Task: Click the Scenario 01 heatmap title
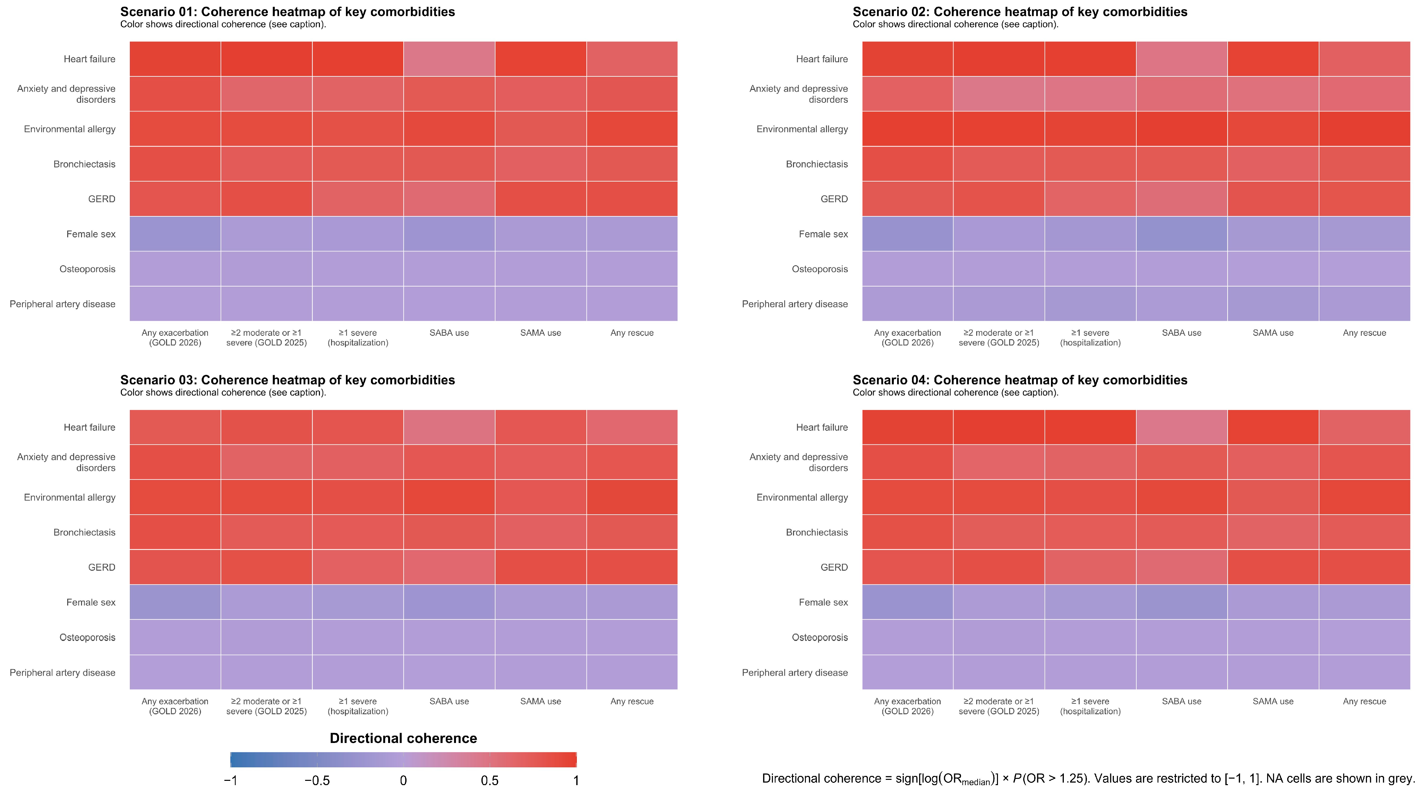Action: pos(287,12)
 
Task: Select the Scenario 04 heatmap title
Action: pos(1020,380)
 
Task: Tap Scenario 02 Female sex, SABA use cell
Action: pos(1181,234)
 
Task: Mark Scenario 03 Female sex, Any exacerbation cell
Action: pos(175,602)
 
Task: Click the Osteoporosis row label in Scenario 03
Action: pos(88,637)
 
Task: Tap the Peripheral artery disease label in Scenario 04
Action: pos(795,672)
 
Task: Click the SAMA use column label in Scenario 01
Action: pos(541,333)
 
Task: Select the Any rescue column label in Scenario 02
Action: pos(1365,333)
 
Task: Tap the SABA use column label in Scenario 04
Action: pos(1181,701)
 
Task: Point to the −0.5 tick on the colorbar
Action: pos(317,781)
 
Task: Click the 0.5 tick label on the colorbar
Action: pos(490,781)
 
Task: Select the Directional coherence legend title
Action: pos(403,738)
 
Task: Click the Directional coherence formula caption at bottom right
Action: pos(1088,779)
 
